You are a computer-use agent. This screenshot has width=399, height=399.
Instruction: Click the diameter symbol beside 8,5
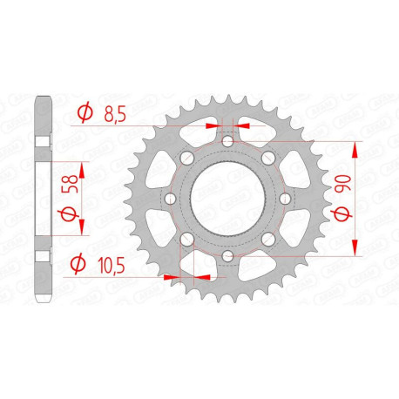[x=85, y=113]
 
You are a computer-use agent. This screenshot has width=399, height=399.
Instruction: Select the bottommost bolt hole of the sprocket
[x=226, y=256]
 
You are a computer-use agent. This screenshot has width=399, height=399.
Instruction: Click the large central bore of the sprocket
[x=226, y=199]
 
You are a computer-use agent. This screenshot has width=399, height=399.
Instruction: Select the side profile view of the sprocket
[x=44, y=199]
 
